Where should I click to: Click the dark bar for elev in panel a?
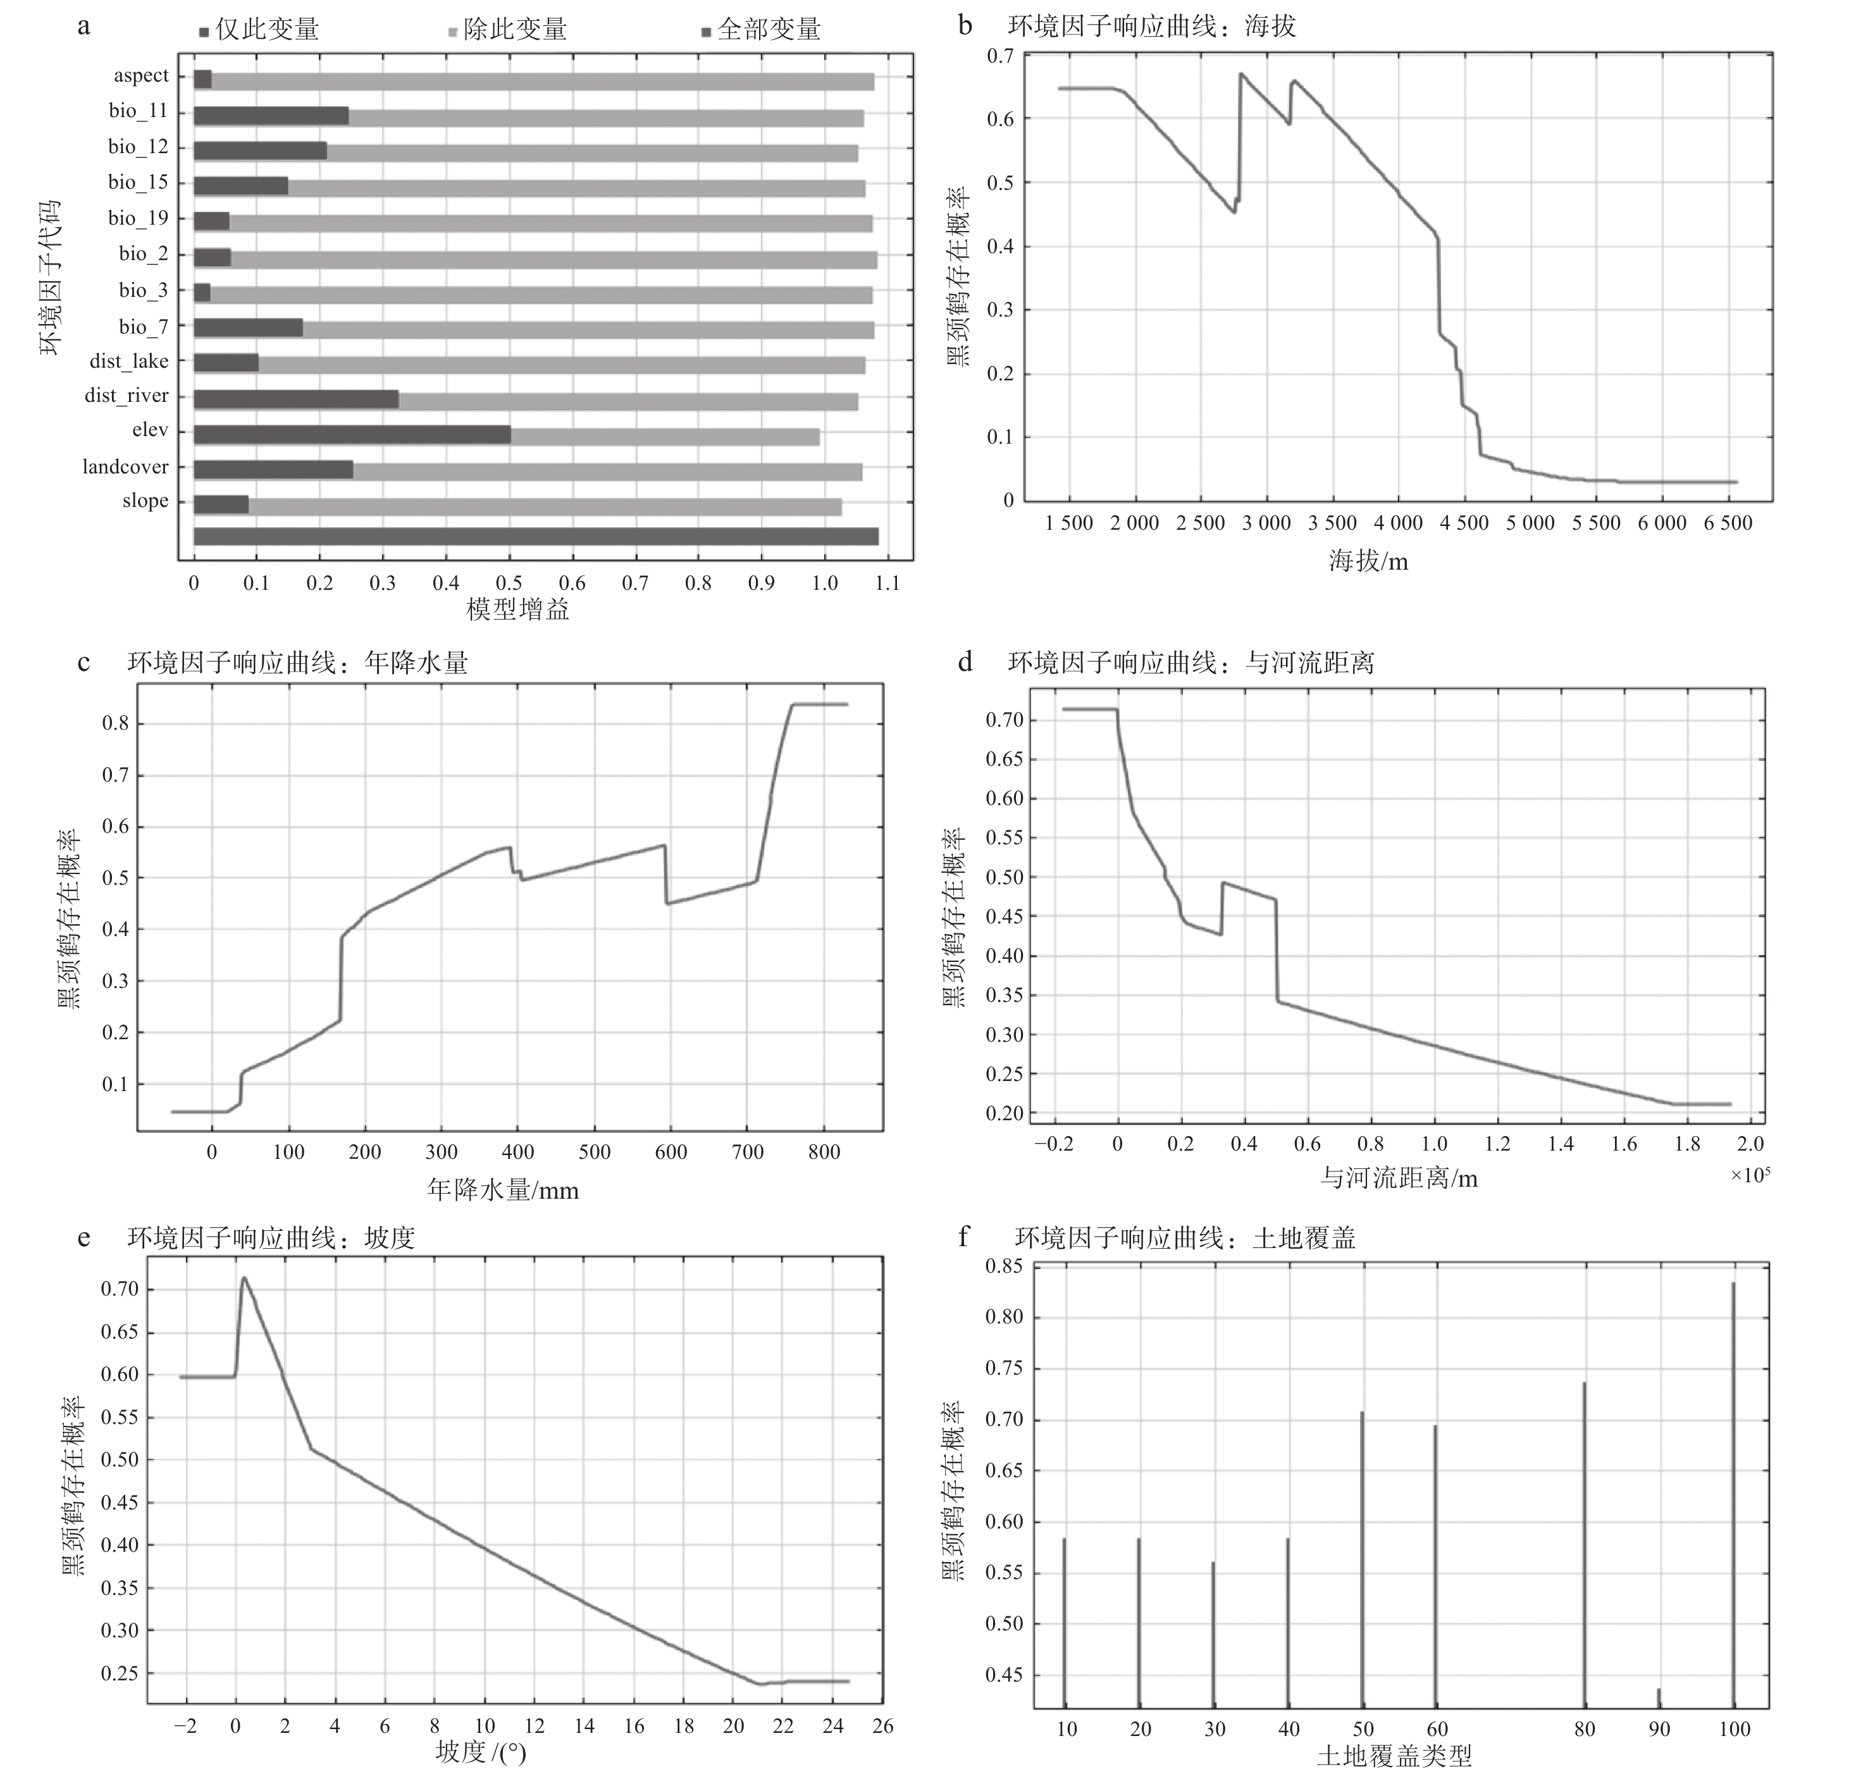352,435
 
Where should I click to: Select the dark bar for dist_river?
296,400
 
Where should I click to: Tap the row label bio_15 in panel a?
138,182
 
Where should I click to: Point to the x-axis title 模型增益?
518,610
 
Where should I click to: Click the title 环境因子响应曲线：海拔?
1151,25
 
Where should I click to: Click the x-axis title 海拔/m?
1368,562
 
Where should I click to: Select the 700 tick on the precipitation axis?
748,1152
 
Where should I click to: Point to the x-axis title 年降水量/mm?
503,1190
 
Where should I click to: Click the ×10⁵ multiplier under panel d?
1750,1175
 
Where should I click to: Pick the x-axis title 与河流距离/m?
1399,1178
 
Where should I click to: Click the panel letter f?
963,1237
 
